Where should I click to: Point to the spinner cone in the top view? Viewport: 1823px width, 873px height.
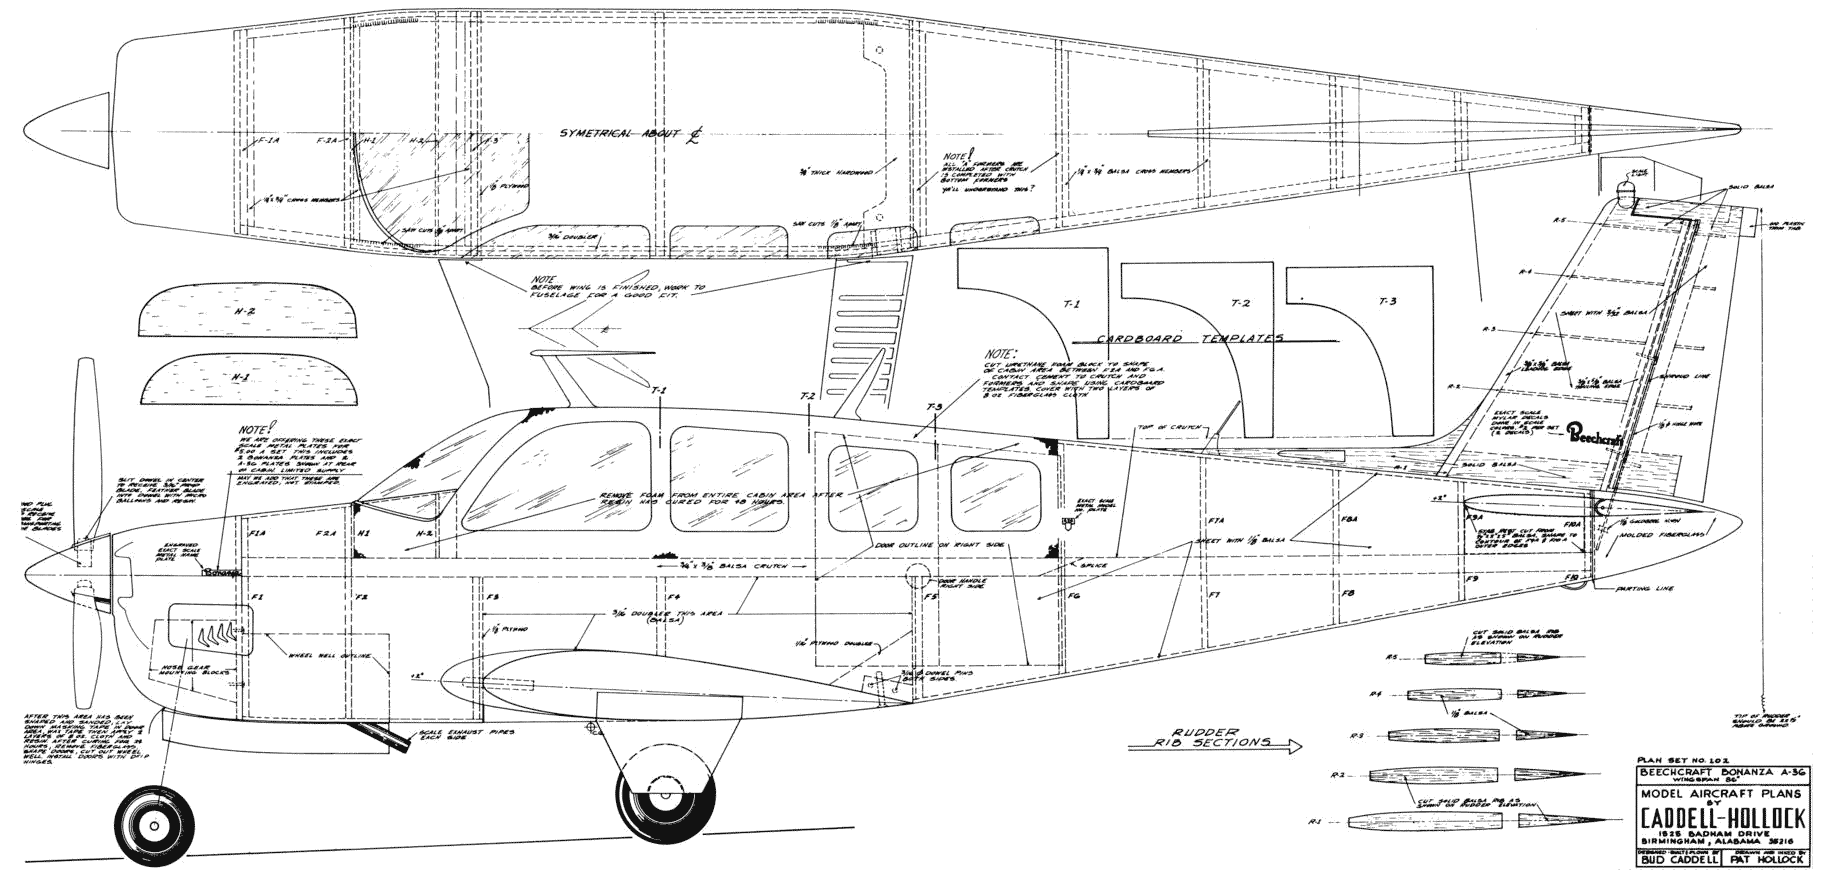coord(65,131)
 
